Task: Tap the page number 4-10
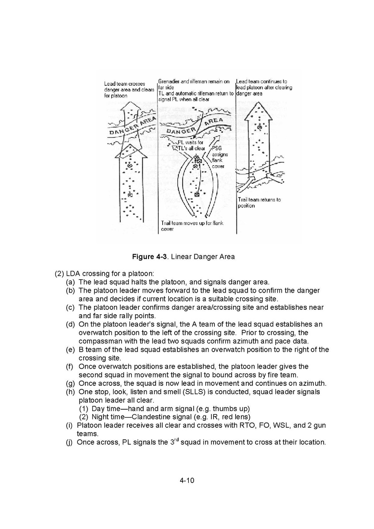point(187,481)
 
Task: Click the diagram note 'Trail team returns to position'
point(259,203)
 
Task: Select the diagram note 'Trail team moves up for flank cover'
point(192,226)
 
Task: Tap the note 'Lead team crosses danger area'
point(129,89)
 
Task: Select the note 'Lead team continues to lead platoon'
point(263,88)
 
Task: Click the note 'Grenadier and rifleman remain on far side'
point(193,84)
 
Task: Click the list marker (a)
point(70,282)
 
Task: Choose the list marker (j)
point(69,442)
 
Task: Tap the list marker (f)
point(70,366)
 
